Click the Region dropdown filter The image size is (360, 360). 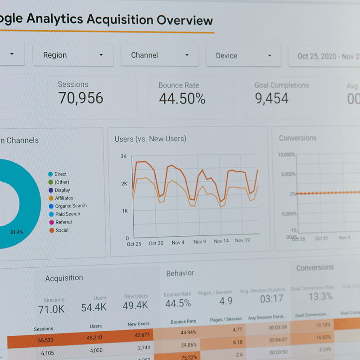pyautogui.click(x=72, y=55)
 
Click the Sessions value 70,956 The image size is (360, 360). pyautogui.click(x=81, y=98)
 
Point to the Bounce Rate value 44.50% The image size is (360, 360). pyautogui.click(x=182, y=99)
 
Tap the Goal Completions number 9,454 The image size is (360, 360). pyautogui.click(x=272, y=99)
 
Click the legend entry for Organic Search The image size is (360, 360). pyautogui.click(x=71, y=206)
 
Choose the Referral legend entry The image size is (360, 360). pyautogui.click(x=63, y=222)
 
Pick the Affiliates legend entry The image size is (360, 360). pyautogui.click(x=64, y=198)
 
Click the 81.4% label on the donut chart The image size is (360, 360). pyautogui.click(x=17, y=232)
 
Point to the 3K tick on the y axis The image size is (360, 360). pyautogui.click(x=123, y=156)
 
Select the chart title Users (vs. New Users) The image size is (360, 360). pyautogui.click(x=150, y=139)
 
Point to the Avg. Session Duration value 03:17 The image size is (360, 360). pyautogui.click(x=271, y=299)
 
